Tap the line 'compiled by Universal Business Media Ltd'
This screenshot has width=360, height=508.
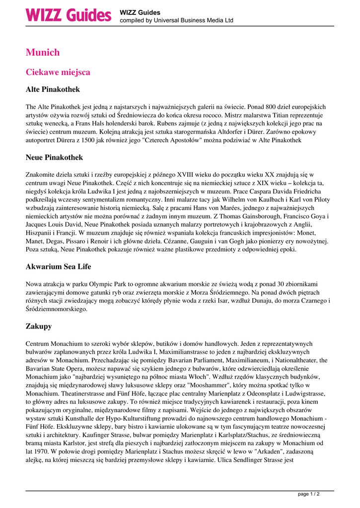176,21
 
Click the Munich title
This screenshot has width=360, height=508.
43,52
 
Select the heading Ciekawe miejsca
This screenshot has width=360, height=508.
58,72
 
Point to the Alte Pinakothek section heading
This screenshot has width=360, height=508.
53,90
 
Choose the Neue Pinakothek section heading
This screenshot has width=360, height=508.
54,157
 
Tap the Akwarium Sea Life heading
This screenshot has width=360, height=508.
58,266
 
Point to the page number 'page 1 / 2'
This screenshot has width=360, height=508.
308,494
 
